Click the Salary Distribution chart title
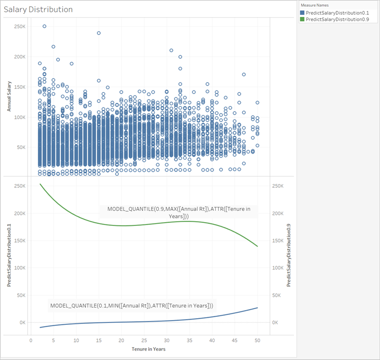coord(38,10)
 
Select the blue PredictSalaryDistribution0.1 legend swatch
coord(303,12)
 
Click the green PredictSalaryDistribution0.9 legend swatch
coord(303,19)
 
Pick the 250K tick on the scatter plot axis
coord(20,27)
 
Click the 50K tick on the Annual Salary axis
coord(21,147)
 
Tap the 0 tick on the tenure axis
coord(31,341)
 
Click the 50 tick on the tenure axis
coord(257,341)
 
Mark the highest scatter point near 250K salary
coord(45,27)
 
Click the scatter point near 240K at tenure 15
coord(99,33)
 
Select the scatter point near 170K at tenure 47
coord(244,74)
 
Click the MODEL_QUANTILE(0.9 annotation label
coord(178,213)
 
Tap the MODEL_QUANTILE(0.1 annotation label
coord(132,305)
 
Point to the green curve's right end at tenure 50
coord(257,246)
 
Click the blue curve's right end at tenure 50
coord(257,308)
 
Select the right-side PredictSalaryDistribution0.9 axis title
coord(289,257)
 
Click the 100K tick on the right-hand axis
coord(276,268)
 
